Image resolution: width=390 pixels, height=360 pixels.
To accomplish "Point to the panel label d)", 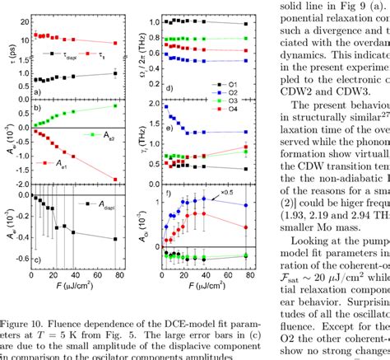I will [168, 87].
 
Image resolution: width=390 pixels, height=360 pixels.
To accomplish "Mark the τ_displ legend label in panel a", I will [67, 57].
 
